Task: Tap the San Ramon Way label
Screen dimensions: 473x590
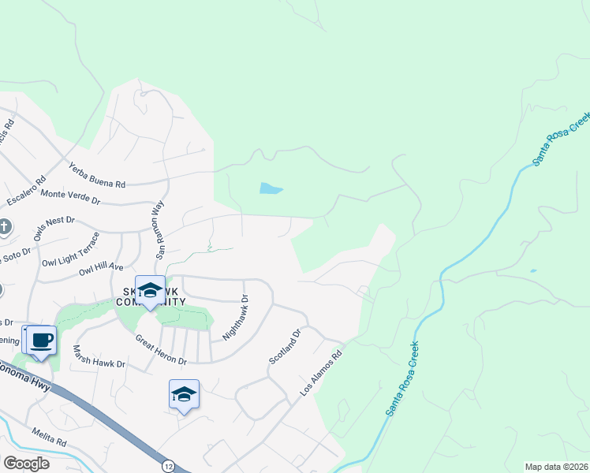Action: pyautogui.click(x=159, y=230)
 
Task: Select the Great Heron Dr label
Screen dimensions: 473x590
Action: pyautogui.click(x=160, y=351)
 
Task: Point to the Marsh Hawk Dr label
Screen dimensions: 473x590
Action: pyautogui.click(x=99, y=356)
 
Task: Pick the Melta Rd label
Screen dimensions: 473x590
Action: pyautogui.click(x=49, y=435)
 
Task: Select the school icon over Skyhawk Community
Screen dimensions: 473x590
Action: pyautogui.click(x=149, y=289)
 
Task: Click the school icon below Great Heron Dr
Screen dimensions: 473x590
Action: pyautogui.click(x=184, y=393)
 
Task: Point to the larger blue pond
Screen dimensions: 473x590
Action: pyautogui.click(x=271, y=188)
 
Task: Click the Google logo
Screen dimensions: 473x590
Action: pyautogui.click(x=26, y=464)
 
